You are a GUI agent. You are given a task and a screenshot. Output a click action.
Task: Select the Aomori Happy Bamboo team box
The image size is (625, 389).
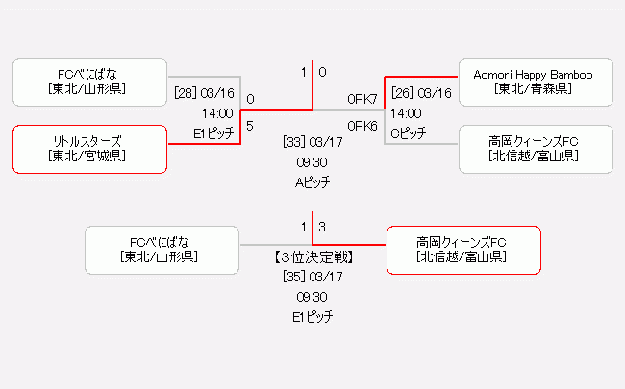536,82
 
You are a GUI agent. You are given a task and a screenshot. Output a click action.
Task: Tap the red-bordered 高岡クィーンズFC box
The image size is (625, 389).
462,250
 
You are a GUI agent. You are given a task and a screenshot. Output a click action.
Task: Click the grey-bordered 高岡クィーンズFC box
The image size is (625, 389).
536,149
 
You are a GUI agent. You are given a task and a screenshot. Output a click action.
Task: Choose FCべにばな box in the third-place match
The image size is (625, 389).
161,250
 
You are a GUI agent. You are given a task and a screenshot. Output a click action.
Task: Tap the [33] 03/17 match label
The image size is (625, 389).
312,142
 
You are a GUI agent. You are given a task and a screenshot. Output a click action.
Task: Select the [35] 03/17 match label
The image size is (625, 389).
312,277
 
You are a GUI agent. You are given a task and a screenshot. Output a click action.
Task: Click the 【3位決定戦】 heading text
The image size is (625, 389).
312,257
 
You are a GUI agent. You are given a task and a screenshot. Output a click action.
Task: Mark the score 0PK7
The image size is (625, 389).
362,99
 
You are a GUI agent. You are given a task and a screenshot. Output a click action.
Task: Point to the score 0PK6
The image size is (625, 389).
362,125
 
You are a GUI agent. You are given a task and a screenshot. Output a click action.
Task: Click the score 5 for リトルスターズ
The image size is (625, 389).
250,125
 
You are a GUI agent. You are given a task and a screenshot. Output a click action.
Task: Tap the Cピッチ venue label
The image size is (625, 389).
409,133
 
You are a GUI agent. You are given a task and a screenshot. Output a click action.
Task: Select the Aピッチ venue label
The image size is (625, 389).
312,181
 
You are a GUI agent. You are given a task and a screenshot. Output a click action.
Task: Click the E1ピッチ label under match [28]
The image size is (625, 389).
213,133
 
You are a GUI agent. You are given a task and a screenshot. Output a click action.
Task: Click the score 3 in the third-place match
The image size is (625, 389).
323,227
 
